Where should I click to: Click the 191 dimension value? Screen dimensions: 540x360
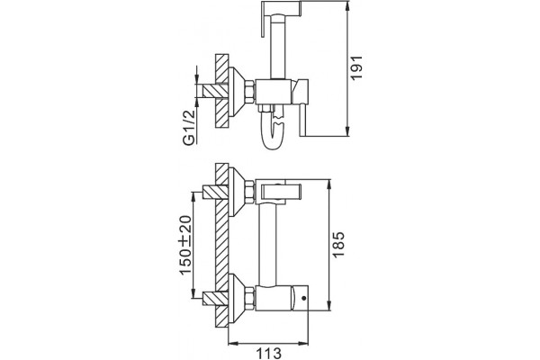[x=357, y=67]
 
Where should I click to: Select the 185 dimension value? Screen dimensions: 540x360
[x=338, y=244]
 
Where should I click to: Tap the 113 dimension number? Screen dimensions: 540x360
[x=268, y=354]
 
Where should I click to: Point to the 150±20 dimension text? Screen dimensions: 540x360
[x=186, y=244]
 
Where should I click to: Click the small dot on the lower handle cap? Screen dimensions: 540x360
[x=303, y=298]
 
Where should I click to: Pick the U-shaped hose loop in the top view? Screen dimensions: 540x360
[x=273, y=130]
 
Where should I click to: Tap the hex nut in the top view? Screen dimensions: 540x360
[x=249, y=91]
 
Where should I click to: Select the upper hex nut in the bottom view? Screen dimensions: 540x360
[x=249, y=191]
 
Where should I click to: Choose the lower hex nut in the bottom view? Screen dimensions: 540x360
[x=249, y=297]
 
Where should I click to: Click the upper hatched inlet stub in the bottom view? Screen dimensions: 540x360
[x=215, y=192]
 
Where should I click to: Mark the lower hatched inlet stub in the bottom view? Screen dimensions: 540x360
[x=215, y=298]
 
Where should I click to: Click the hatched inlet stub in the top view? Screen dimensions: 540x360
[x=215, y=91]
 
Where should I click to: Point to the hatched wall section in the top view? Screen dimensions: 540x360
[x=221, y=91]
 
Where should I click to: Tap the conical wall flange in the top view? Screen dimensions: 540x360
[x=236, y=91]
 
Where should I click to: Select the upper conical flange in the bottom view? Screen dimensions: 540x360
[x=236, y=192]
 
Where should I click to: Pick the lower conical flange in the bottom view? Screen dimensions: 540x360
[x=236, y=298]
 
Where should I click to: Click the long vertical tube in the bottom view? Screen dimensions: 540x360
[x=267, y=244]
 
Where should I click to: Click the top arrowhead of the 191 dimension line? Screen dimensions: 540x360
[x=347, y=7]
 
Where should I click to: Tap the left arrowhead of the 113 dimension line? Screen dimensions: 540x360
[x=234, y=343]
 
